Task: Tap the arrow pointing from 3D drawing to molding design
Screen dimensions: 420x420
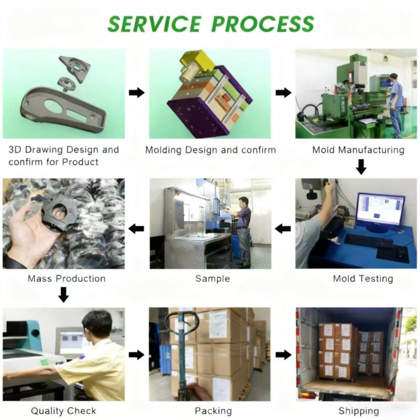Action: pos(137,93)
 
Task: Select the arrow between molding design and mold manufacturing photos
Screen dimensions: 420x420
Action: pos(283,93)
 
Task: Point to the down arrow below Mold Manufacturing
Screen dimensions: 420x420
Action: pos(361,167)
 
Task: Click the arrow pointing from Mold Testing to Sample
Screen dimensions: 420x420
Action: pos(283,228)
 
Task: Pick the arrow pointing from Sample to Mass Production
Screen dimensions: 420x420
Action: pos(137,228)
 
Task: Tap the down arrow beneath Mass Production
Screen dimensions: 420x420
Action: pos(63,295)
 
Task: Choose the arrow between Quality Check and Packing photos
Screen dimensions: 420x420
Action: pos(137,354)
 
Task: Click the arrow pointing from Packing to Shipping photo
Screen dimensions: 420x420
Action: pos(283,354)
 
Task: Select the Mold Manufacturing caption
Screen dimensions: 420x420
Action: pos(358,150)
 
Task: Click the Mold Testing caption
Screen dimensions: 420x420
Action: pos(363,278)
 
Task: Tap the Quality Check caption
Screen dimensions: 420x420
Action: pos(63,411)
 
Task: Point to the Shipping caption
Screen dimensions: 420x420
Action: pos(358,411)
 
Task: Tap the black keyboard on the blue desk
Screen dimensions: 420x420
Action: pos(368,241)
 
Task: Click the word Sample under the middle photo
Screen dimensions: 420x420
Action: pos(212,278)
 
